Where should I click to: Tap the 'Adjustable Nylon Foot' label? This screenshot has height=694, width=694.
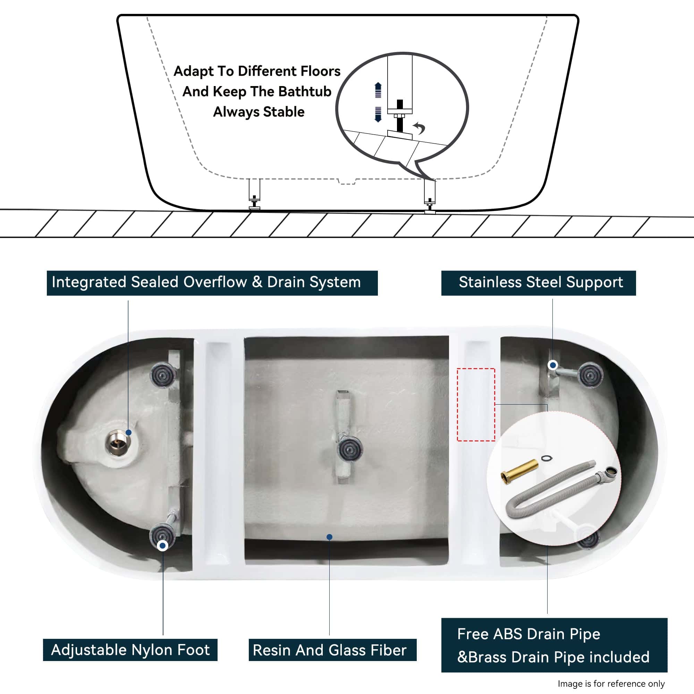point(130,650)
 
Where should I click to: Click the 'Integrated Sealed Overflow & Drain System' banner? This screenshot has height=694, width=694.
point(212,283)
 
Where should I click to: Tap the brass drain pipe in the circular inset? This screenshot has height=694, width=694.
point(519,472)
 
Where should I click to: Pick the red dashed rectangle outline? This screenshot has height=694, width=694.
point(476,405)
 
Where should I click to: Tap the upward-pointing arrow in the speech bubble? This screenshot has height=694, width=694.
point(378,90)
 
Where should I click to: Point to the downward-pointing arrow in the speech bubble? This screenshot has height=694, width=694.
point(378,115)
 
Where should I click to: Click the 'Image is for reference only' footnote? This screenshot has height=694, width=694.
point(611,683)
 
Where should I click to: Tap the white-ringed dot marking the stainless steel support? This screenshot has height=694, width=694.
point(553,365)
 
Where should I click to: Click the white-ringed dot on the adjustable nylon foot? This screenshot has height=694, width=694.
point(162,546)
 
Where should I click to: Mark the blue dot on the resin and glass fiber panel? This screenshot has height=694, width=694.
point(329,537)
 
